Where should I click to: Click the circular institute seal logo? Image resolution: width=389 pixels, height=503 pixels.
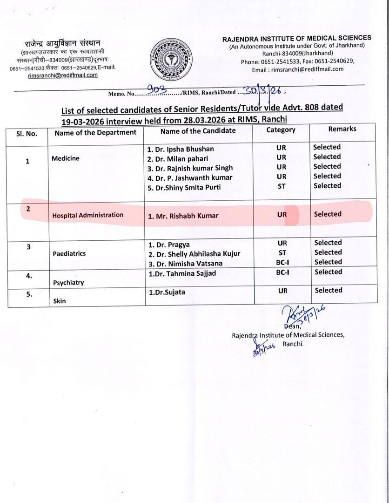click(172, 60)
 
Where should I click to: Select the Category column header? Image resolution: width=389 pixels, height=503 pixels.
click(281, 130)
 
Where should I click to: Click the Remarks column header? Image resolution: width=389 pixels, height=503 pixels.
click(342, 129)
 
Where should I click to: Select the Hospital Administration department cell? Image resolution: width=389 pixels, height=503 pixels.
click(87, 215)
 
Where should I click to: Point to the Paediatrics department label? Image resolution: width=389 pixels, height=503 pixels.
click(69, 254)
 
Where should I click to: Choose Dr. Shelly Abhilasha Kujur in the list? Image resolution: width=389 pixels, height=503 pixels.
click(194, 254)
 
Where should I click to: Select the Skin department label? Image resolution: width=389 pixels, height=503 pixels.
click(59, 301)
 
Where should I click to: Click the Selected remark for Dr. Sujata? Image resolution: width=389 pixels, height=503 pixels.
click(328, 290)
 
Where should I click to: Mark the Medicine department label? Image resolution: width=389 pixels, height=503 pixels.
click(66, 158)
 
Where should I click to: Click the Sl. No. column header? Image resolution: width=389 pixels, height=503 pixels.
click(27, 133)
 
